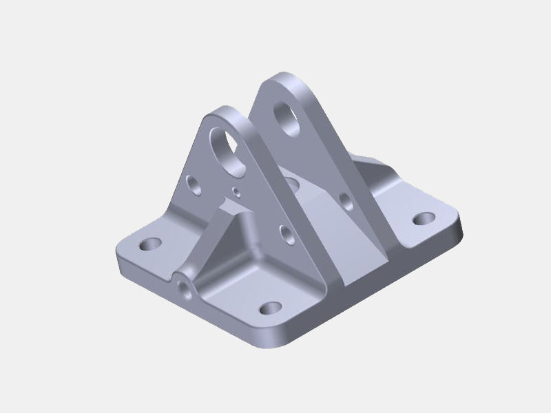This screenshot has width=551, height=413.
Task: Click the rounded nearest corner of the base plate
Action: coord(275,341)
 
